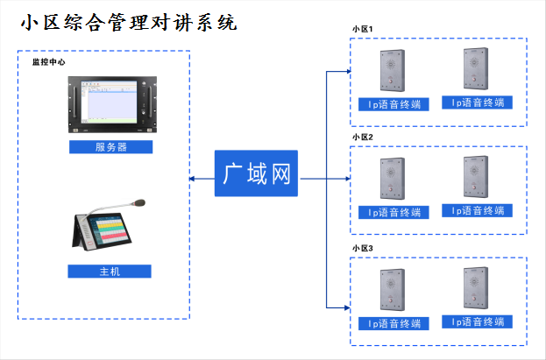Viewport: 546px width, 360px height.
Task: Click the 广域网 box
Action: tap(256, 173)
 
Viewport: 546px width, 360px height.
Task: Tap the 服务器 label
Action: tap(110, 147)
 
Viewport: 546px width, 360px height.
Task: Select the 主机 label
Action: tap(110, 272)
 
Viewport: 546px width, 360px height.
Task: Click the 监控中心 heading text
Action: tap(49, 62)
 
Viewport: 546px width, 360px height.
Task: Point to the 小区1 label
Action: tap(362, 29)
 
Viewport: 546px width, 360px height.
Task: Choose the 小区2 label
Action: tap(362, 138)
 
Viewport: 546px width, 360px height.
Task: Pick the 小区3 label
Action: tap(362, 248)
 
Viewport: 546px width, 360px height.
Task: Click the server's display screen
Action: tap(109, 102)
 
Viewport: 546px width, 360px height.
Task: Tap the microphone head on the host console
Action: tap(138, 202)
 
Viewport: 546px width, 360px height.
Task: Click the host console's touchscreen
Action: tap(109, 231)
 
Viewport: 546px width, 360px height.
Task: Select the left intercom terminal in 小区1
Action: tap(393, 70)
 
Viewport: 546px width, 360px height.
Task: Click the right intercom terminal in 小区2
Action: tap(476, 177)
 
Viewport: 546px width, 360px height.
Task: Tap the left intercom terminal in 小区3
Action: tap(393, 290)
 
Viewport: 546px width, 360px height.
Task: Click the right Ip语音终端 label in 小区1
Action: tap(477, 102)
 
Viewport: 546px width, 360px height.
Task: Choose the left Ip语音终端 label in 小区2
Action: tap(394, 212)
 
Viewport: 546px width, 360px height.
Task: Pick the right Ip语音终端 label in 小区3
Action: tap(477, 321)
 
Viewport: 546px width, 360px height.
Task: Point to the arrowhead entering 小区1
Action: tap(348, 71)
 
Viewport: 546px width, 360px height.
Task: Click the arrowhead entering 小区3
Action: tap(347, 307)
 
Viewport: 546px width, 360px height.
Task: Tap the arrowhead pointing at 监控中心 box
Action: tap(192, 179)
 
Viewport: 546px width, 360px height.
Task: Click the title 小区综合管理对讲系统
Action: tap(129, 23)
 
